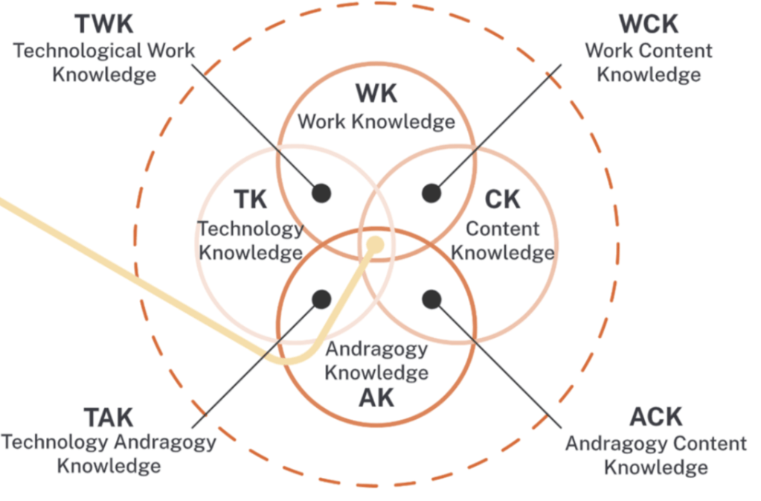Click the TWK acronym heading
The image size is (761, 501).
[x=104, y=25]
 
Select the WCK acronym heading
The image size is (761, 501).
[x=649, y=25]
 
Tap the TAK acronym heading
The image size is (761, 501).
[x=108, y=417]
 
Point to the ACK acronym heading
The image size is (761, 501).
[x=655, y=418]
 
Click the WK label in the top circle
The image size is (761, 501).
[x=376, y=95]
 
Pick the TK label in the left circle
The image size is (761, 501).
[x=251, y=200]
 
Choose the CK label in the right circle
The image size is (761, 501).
[x=503, y=200]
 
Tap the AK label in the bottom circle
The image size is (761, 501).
[x=376, y=398]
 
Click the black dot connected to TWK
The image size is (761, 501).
[x=321, y=193]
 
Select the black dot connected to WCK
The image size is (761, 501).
[x=431, y=193]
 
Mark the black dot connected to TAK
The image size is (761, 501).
[x=321, y=299]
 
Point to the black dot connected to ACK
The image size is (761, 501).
[x=431, y=299]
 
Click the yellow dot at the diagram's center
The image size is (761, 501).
[x=376, y=243]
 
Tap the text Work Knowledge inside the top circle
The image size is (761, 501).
[x=376, y=121]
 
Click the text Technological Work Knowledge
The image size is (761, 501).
[x=104, y=63]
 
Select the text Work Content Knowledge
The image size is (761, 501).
[x=649, y=63]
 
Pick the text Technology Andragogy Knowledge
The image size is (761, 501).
[x=109, y=454]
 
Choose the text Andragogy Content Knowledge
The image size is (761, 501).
[x=655, y=455]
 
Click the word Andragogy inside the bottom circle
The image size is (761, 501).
[x=376, y=349]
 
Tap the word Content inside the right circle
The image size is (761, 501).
[x=503, y=229]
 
